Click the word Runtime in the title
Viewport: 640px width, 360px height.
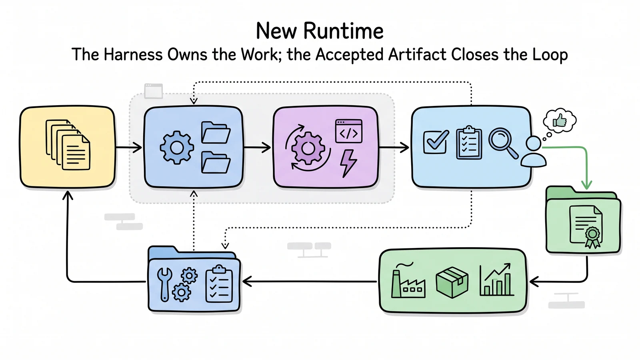(343, 31)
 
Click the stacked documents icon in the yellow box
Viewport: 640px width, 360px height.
(68, 145)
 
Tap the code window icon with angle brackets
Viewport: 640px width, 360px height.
(348, 131)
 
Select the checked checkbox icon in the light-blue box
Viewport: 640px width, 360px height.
(436, 142)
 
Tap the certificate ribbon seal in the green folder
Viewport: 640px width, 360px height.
(592, 237)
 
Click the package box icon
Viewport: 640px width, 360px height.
(452, 282)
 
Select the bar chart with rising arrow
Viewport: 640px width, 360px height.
(496, 280)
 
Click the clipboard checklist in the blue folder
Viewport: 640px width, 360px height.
(219, 284)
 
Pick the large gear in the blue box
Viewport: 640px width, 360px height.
(177, 148)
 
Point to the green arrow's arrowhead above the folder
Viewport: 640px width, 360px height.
(586, 185)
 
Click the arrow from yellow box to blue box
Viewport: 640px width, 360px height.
(129, 148)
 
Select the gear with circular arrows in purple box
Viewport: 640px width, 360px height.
(308, 148)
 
